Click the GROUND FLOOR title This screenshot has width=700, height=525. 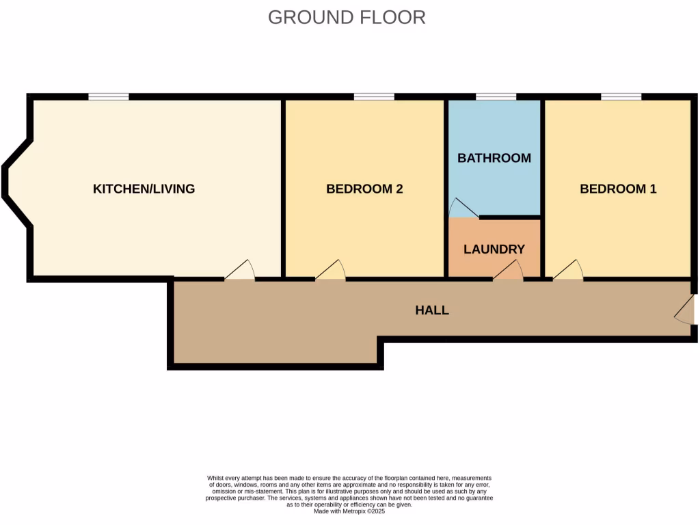pyautogui.click(x=347, y=17)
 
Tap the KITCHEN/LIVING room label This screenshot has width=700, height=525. pyautogui.click(x=144, y=189)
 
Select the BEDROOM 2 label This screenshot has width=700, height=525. pyautogui.click(x=364, y=189)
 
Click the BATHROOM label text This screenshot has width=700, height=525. pyautogui.click(x=494, y=158)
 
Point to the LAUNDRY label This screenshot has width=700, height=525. pyautogui.click(x=494, y=250)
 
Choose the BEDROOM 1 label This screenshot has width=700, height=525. pyautogui.click(x=618, y=189)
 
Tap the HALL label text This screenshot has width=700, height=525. pyautogui.click(x=432, y=310)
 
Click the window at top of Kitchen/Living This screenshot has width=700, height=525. pyautogui.click(x=109, y=97)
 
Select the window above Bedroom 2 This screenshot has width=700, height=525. pyautogui.click(x=374, y=97)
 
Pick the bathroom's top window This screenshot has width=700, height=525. pyautogui.click(x=496, y=97)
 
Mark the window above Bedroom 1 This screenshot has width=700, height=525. pyautogui.click(x=621, y=97)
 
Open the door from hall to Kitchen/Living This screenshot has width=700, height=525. pyautogui.click(x=240, y=271)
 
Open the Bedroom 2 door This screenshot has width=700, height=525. pyautogui.click(x=331, y=271)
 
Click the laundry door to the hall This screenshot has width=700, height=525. pyautogui.click(x=508, y=272)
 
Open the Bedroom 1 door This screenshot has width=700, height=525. pyautogui.click(x=568, y=271)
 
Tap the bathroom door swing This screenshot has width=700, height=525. pyautogui.click(x=463, y=208)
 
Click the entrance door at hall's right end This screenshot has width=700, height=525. pyautogui.click(x=686, y=314)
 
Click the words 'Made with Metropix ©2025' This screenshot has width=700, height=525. pyautogui.click(x=349, y=511)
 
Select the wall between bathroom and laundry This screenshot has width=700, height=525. pyautogui.click(x=509, y=217)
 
